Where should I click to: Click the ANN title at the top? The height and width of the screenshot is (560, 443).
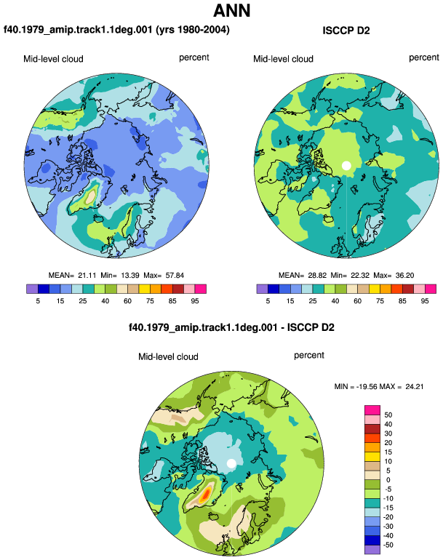click(x=231, y=10)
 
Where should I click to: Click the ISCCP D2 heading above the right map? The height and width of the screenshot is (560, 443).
click(x=346, y=31)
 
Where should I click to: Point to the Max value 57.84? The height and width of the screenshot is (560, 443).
click(x=175, y=276)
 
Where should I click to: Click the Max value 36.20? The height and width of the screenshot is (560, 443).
click(x=404, y=276)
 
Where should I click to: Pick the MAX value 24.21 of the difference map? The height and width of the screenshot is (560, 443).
click(x=415, y=386)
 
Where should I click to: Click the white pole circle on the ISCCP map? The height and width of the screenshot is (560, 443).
click(x=346, y=166)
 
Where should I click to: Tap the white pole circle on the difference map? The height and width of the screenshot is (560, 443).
click(x=231, y=463)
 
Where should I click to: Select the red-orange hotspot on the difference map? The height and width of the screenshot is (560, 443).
click(x=206, y=495)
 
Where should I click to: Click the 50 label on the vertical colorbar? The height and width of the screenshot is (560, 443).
click(x=388, y=415)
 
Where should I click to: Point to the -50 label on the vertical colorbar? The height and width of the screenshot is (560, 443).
click(x=387, y=545)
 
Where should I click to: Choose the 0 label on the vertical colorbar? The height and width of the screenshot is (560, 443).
click(x=388, y=480)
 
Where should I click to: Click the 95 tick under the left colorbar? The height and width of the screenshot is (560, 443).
click(x=195, y=301)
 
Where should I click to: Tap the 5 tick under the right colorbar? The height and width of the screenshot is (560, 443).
click(x=268, y=301)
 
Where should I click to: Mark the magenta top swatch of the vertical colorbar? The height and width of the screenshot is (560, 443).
click(x=372, y=410)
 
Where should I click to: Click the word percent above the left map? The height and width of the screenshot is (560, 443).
click(x=194, y=58)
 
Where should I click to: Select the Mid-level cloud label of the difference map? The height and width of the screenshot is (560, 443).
click(x=168, y=357)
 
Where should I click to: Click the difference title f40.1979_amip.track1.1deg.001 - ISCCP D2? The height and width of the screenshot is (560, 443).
click(x=231, y=328)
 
